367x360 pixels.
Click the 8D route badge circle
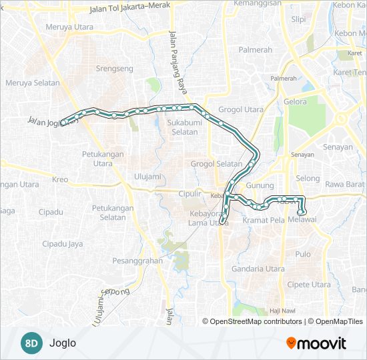coord(31,343)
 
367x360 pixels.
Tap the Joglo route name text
coord(63,343)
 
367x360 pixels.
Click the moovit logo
coord(316,343)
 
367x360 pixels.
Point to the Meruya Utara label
coord(69,27)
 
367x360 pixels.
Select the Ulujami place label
coord(147,176)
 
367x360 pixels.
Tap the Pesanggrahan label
coord(137,261)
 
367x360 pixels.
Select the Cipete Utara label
coord(310,284)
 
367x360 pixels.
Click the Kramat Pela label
coord(264,220)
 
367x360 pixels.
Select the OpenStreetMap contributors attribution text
coord(256,321)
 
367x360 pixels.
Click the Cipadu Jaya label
coord(63,244)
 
